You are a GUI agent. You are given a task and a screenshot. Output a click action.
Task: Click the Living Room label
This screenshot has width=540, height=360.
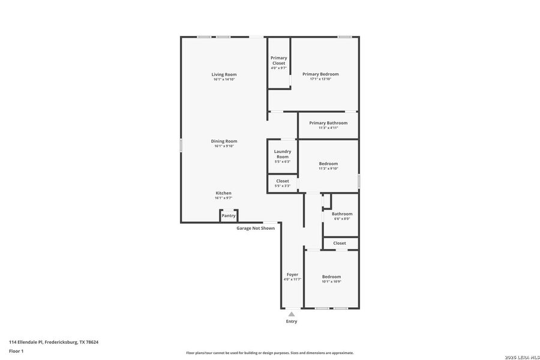tap(224, 74)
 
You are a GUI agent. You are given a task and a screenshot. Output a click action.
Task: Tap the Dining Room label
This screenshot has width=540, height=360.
tap(224, 141)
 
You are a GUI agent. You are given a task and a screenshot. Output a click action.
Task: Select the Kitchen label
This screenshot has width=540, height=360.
tap(223, 193)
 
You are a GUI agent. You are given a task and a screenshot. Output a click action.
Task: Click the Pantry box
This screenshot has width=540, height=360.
tap(229, 215)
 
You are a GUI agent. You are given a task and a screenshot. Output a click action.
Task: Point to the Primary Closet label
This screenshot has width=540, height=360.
tap(278, 60)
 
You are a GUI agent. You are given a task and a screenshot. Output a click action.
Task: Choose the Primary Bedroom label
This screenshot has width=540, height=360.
tap(324, 74)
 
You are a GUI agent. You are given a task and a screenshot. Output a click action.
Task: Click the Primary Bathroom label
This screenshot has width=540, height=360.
tap(328, 123)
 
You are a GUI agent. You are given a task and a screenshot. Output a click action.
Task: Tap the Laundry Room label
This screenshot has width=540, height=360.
tap(283, 154)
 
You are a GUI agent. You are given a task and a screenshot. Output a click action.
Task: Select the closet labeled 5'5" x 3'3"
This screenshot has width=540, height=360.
tap(283, 183)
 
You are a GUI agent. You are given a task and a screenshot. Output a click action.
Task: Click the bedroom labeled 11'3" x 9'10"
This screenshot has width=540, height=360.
tap(328, 166)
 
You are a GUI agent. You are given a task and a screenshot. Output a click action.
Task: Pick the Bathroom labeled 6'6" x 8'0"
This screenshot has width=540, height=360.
tap(342, 216)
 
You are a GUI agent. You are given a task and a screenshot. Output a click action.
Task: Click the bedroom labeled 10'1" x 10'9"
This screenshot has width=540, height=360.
tap(331, 279)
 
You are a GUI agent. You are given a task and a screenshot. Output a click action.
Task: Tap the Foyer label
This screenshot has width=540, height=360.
tap(292, 277)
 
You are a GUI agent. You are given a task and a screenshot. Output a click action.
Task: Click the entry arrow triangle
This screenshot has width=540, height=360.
tap(291, 314)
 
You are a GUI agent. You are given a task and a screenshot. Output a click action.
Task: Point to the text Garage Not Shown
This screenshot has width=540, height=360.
tap(256, 228)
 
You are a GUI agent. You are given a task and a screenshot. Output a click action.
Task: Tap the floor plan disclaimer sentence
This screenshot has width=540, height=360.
tap(269, 353)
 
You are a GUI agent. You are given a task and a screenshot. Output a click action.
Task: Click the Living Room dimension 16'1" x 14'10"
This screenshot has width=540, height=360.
tap(224, 79)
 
